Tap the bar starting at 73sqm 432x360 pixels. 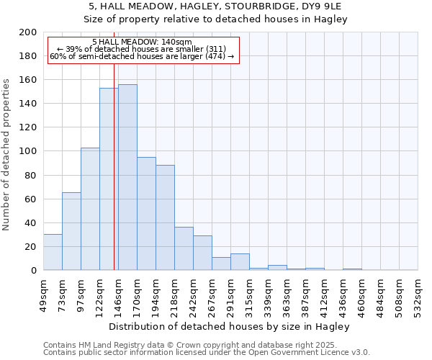click(x=71, y=231)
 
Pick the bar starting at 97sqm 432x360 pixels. click(x=90, y=209)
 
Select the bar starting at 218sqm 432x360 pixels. click(x=184, y=248)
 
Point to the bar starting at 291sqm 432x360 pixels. click(x=240, y=262)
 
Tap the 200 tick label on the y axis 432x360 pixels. click(x=28, y=32)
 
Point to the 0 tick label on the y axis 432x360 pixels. click(x=34, y=270)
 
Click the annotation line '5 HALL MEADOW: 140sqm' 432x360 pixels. click(x=143, y=42)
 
